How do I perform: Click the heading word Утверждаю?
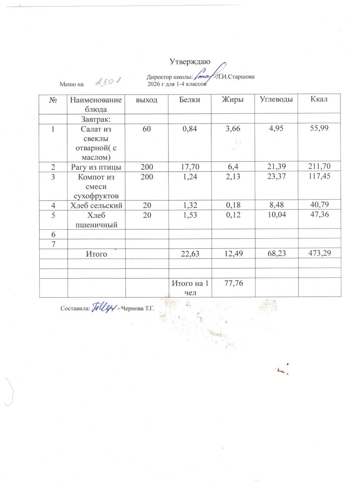point(190,62)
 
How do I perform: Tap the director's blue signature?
point(210,75)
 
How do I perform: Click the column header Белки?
point(190,99)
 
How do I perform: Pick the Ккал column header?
point(319,99)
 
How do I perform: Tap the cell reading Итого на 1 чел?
point(190,288)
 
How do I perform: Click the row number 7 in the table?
point(53,243)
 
